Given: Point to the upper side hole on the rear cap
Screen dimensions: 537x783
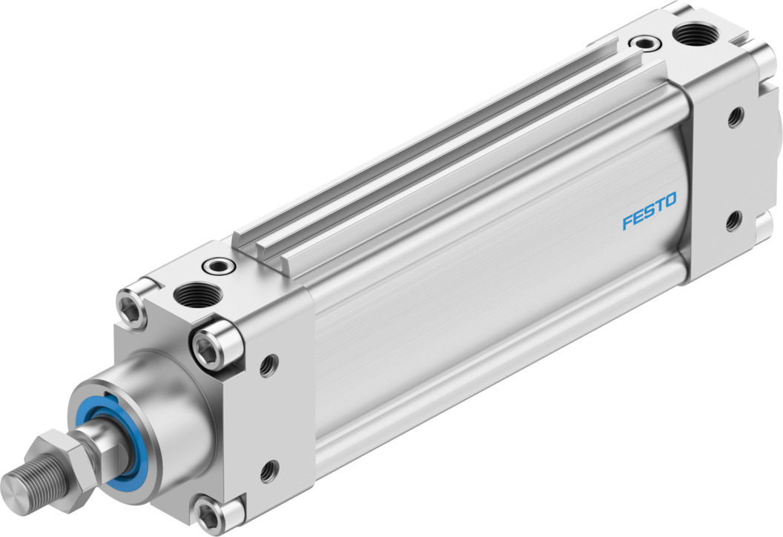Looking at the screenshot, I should click(735, 116).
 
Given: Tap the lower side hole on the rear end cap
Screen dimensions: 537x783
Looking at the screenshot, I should click(734, 220).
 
